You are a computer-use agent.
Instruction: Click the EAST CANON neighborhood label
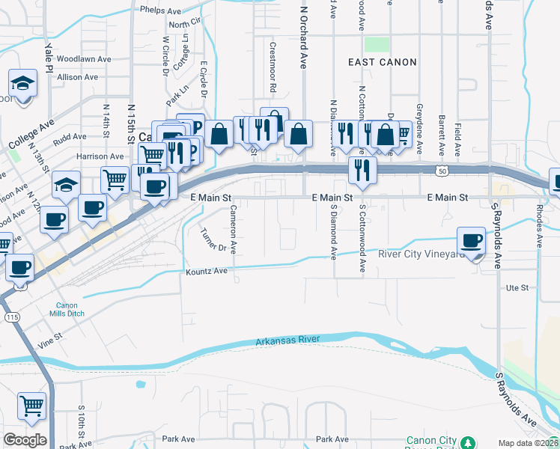coord(382,62)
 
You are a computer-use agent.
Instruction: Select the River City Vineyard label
coord(422,254)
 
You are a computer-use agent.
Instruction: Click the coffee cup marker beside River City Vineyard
coord(472,241)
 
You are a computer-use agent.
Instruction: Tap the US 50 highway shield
coord(444,171)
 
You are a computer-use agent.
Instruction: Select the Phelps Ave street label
coord(160,11)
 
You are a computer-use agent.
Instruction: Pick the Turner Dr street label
coord(214,236)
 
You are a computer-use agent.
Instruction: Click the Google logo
coord(25,440)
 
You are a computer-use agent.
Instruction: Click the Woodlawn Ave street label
coord(84,58)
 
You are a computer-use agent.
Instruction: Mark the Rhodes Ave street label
coord(539,224)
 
